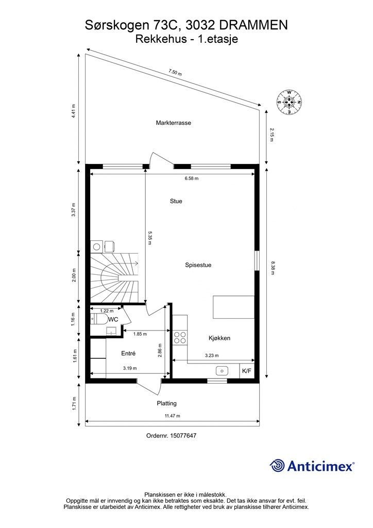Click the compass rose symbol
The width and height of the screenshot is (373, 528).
point(290,102)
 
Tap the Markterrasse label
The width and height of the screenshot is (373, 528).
point(174,123)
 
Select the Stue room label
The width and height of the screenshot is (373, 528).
point(176,201)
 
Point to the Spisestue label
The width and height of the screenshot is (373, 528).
point(198,265)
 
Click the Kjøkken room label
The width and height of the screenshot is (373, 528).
point(219,338)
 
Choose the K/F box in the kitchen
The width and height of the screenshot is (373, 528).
point(247,371)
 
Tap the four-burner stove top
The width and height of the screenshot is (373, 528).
point(180,337)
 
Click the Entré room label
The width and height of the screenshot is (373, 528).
point(128,354)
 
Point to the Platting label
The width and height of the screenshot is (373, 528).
point(166,403)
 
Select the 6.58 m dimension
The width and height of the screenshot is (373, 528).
point(192,178)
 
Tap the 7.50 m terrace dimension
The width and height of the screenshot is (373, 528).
point(175,73)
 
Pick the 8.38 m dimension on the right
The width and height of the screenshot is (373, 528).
point(272,268)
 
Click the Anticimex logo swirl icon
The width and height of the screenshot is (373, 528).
point(278,466)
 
